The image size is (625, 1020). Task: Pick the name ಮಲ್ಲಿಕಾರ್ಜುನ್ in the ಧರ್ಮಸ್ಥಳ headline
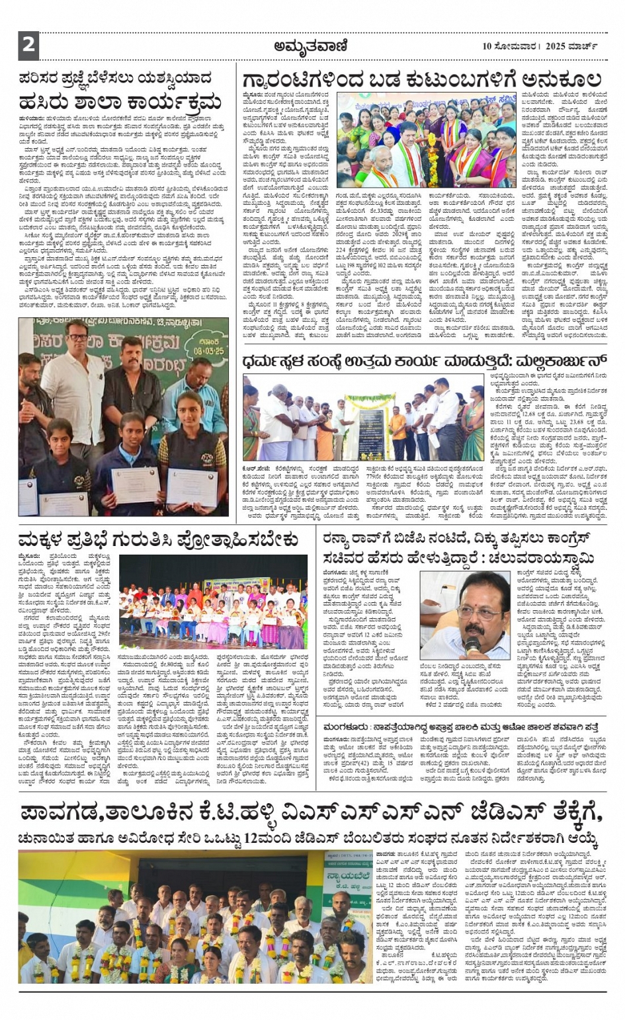[x=542, y=362]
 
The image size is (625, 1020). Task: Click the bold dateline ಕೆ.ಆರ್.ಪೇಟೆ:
[x=257, y=468]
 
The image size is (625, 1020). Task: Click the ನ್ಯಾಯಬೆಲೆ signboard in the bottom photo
[x=349, y=872]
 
